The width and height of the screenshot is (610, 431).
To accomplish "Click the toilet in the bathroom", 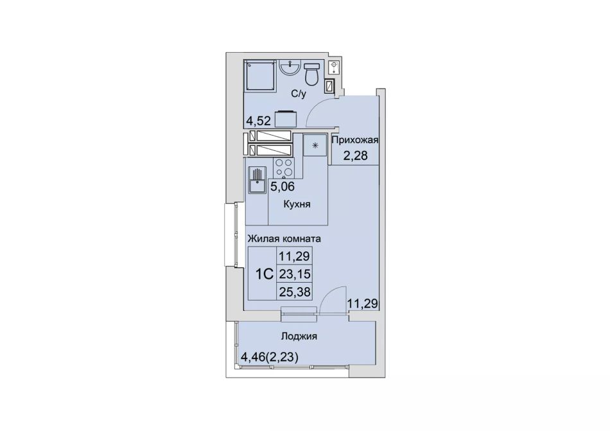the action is click(311, 74).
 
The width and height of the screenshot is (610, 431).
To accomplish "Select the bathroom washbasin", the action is click(290, 67).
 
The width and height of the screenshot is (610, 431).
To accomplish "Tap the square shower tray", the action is click(260, 75).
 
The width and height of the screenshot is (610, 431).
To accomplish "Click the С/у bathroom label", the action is click(299, 94).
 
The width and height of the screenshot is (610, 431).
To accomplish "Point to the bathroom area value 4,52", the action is click(258, 121).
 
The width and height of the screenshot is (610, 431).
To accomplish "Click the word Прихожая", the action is click(355, 140).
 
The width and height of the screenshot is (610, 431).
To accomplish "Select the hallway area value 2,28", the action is click(355, 155).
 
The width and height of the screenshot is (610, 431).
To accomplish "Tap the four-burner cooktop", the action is click(283, 168).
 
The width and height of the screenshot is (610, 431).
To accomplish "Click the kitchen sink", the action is click(257, 180).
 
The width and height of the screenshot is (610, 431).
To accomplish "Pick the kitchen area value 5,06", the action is click(283, 187).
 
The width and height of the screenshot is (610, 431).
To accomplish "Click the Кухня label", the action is click(297, 204).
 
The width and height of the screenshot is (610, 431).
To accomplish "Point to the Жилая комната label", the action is click(284, 238).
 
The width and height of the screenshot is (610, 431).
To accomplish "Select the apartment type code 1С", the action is click(263, 274).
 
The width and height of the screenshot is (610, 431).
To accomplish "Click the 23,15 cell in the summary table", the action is click(295, 274).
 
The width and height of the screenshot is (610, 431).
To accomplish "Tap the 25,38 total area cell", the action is click(295, 292).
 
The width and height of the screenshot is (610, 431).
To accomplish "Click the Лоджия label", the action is click(299, 336).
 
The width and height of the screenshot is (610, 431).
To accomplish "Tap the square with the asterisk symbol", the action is click(315, 145).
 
